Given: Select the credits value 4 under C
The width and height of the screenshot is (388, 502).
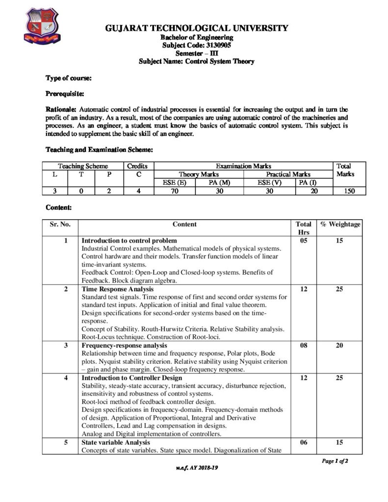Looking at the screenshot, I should [139, 191].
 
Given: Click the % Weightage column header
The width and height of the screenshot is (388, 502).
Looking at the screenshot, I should [340, 224].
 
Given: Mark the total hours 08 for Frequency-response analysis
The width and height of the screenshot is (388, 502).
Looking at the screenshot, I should [303, 346].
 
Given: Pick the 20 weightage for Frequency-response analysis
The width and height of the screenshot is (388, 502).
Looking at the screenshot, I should [340, 346].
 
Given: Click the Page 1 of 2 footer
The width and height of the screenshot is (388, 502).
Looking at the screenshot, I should [335, 461].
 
